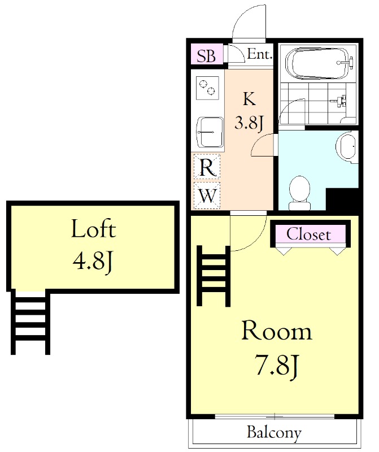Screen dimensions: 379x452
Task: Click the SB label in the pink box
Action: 206,55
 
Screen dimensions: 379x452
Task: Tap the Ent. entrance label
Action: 260,54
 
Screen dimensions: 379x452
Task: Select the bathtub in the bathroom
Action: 319,63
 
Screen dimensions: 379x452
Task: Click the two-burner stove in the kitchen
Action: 207,88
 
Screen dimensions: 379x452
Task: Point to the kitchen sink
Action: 210,132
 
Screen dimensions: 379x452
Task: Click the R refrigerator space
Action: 207,167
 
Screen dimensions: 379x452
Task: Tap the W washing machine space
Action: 207,195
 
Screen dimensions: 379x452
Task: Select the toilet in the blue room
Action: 300,193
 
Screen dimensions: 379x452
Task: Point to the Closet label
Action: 308,234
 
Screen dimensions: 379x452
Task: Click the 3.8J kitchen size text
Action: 249,123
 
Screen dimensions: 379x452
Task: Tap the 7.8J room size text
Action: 276,366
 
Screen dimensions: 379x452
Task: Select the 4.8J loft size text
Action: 93,262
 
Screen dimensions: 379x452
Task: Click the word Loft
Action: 93,229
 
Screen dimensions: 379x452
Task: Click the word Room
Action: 277,331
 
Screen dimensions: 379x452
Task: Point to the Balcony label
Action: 274,433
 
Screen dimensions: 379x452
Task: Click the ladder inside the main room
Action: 214,276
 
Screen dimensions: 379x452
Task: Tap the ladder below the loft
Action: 31,322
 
